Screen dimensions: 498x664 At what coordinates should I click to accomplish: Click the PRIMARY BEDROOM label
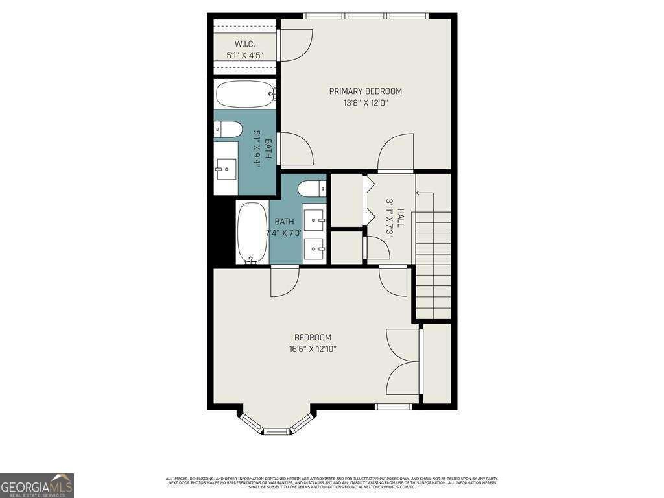tap(365, 91)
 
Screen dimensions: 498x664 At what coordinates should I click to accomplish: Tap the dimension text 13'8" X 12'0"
tap(365, 102)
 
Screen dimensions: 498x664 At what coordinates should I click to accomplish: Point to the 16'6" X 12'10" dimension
tap(313, 349)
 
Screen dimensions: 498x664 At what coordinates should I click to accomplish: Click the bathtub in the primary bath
tap(244, 95)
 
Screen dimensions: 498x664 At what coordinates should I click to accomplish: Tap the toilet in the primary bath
tap(228, 129)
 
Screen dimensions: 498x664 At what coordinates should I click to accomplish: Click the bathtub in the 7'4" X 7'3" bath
tap(252, 232)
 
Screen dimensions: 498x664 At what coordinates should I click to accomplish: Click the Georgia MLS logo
tap(37, 485)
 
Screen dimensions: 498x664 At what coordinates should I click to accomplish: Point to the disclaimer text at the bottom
tap(331, 482)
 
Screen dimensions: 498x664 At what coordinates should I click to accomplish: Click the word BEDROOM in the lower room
tap(313, 337)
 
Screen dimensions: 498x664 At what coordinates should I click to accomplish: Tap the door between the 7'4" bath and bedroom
tap(285, 280)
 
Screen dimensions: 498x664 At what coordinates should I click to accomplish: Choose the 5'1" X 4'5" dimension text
tap(244, 56)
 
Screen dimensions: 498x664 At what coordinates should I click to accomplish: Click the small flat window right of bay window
tap(394, 407)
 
